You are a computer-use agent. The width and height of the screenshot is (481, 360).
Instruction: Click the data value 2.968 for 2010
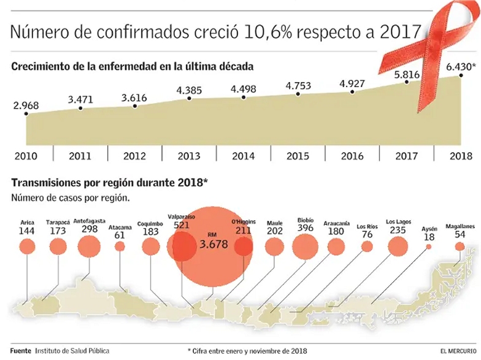(26, 105)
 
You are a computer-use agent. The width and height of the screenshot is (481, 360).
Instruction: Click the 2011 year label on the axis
(80, 156)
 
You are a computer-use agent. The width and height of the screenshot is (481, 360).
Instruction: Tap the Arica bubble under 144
(26, 247)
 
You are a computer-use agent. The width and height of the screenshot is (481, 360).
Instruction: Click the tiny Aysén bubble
(428, 247)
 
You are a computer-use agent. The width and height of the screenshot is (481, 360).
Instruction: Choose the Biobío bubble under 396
(306, 247)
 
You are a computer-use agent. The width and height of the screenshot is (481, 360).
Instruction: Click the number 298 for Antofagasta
(89, 229)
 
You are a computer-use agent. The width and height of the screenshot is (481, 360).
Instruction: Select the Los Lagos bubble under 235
(399, 247)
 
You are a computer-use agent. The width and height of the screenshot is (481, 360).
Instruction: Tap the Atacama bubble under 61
(120, 247)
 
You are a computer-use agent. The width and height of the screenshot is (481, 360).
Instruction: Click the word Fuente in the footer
(20, 350)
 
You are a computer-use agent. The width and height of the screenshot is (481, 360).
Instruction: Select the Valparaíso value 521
(182, 224)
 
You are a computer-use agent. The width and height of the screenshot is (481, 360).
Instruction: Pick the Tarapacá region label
(58, 223)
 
